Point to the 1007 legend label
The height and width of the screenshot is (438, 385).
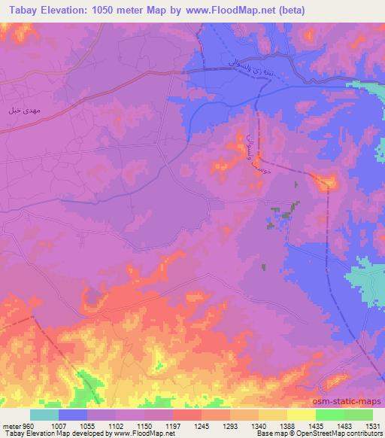[58, 425]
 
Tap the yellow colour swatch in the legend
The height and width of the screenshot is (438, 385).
[301, 415]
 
